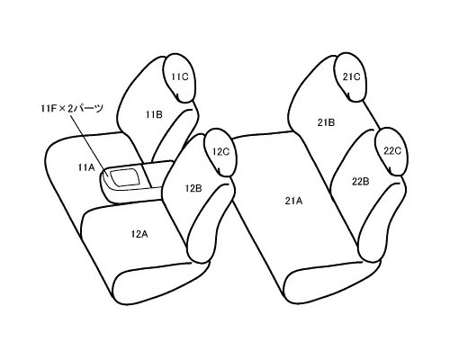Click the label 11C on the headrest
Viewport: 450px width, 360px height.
point(180,76)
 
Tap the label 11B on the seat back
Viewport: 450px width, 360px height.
point(154,114)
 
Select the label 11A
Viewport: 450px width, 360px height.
point(86,167)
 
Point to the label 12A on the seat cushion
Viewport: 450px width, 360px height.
point(139,234)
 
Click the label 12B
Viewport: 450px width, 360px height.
point(193,188)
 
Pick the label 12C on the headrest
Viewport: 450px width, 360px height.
point(220,152)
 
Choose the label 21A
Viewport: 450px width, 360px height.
point(293,201)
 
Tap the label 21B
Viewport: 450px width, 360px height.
point(326,122)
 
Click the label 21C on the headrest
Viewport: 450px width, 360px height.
point(352,77)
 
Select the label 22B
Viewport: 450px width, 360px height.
point(360,181)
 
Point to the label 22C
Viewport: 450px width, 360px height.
point(392,151)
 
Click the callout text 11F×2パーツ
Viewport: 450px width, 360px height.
point(72,108)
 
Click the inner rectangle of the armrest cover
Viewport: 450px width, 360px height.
point(125,176)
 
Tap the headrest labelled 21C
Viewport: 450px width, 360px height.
point(350,77)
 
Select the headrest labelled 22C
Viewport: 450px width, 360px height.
point(391,151)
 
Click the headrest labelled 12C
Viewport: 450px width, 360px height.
point(220,152)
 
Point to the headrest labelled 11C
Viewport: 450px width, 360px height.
point(179,78)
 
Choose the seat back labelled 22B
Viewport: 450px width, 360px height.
point(360,192)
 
